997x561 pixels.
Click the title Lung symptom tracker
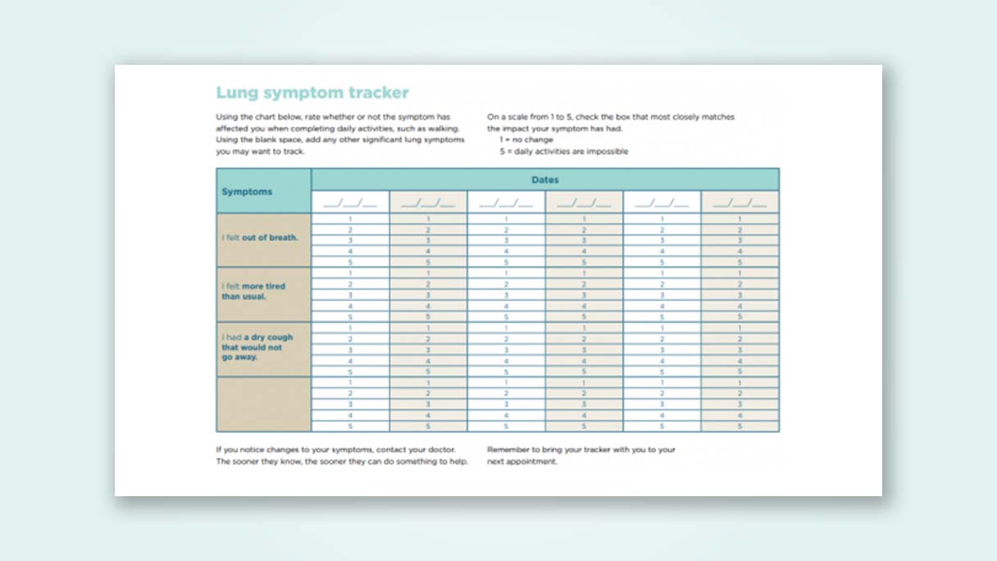(x=312, y=93)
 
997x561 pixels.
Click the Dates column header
(x=544, y=180)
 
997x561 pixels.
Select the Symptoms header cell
(x=247, y=192)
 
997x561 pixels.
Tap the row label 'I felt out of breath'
(x=260, y=238)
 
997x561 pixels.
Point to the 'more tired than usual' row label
(x=253, y=291)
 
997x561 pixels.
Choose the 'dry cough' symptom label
(x=257, y=347)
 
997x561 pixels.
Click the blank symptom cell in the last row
(x=263, y=404)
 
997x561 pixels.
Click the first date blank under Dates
(x=350, y=203)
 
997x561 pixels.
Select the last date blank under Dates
(x=740, y=203)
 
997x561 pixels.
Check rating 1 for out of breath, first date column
(x=350, y=219)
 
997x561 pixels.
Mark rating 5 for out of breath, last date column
(x=740, y=262)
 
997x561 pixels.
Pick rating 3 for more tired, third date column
(x=506, y=294)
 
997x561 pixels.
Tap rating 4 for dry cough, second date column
(x=428, y=360)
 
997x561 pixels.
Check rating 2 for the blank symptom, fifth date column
(x=662, y=393)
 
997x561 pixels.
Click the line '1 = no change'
(x=526, y=139)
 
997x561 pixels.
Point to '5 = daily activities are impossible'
(x=563, y=151)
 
